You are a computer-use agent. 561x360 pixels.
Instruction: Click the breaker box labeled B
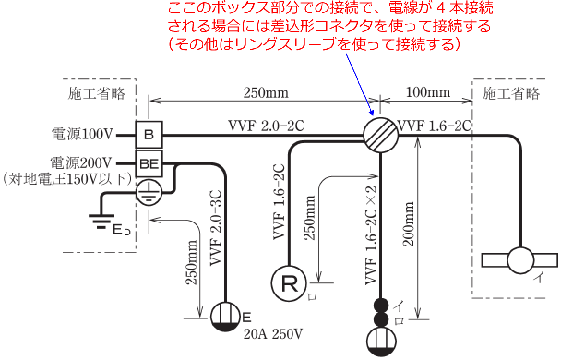[x=149, y=135]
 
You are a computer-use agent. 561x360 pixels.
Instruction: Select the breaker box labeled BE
[x=149, y=163]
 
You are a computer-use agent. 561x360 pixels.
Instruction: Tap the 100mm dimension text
[x=428, y=92]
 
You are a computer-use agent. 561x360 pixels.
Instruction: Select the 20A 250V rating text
[x=274, y=333]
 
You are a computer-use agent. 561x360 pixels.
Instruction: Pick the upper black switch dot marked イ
[x=381, y=305]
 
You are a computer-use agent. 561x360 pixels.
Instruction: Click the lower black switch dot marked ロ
[x=381, y=319]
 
